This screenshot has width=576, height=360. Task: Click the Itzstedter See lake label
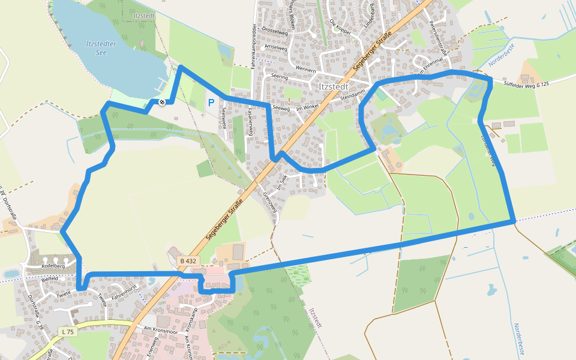click(106, 47)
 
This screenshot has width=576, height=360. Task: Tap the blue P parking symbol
click(211, 103)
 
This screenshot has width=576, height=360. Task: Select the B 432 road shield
click(187, 261)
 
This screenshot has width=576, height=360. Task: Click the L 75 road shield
click(68, 331)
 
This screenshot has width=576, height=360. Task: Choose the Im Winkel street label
click(307, 107)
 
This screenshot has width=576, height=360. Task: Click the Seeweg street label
click(281, 108)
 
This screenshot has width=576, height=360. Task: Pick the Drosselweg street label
click(277, 29)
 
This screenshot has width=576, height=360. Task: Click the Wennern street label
click(306, 70)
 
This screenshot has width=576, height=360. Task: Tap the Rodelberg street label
click(53, 266)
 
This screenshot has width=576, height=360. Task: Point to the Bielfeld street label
click(49, 278)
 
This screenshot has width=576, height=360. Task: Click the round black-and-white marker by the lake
click(161, 103)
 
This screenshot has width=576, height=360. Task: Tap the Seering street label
click(280, 77)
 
